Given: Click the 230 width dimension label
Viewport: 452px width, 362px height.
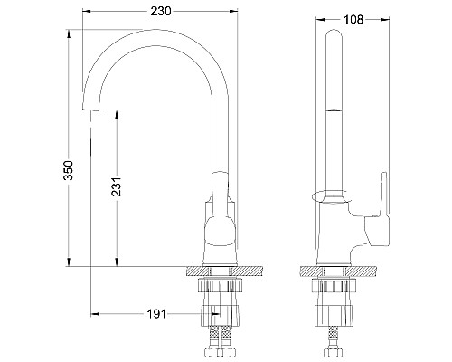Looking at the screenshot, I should click(x=163, y=12).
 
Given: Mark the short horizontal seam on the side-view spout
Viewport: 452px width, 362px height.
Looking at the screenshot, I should click(x=334, y=110).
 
